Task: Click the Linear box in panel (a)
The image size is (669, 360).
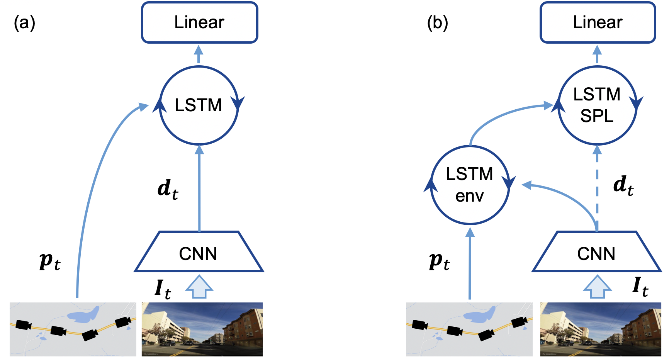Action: pos(199,22)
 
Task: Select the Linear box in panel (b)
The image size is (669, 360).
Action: pos(598,22)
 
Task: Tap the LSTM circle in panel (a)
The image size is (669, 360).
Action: pos(199,105)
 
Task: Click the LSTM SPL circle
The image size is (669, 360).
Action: pos(597,105)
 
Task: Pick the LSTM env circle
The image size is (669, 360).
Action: pos(470,185)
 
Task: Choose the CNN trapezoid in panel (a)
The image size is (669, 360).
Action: pos(199,252)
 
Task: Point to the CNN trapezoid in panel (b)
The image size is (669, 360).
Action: pos(597,252)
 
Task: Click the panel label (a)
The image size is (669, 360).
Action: pos(24,23)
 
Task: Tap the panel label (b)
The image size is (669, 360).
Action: pos(438,23)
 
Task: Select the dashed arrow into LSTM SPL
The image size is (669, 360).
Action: pos(597,188)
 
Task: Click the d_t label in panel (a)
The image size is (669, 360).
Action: pos(168,189)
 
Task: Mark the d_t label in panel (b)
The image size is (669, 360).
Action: pos(623,185)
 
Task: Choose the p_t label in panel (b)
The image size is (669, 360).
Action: pos(440,262)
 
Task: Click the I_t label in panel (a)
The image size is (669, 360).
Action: pos(163,289)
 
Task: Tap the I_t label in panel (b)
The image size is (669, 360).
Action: pos(640,286)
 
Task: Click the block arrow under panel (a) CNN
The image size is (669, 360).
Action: pos(199,287)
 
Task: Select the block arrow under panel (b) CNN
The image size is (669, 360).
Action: pos(597,287)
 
